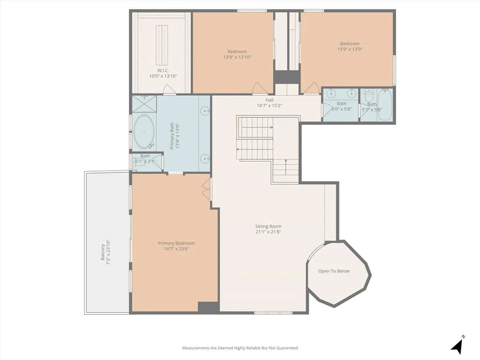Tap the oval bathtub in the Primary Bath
[x=144, y=131]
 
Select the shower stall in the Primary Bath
[x=144, y=103]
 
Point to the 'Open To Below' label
[x=334, y=271]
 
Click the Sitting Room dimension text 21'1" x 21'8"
[x=268, y=232]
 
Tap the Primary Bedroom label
[x=176, y=243]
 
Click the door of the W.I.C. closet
[x=169, y=90]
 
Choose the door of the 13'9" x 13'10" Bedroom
[x=259, y=88]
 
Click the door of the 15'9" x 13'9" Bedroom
[x=312, y=88]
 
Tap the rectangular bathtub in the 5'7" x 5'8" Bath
[x=384, y=105]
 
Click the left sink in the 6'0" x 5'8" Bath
[x=332, y=92]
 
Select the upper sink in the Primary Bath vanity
[x=205, y=111]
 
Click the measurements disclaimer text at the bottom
[x=240, y=348]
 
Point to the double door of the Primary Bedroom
[x=207, y=189]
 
